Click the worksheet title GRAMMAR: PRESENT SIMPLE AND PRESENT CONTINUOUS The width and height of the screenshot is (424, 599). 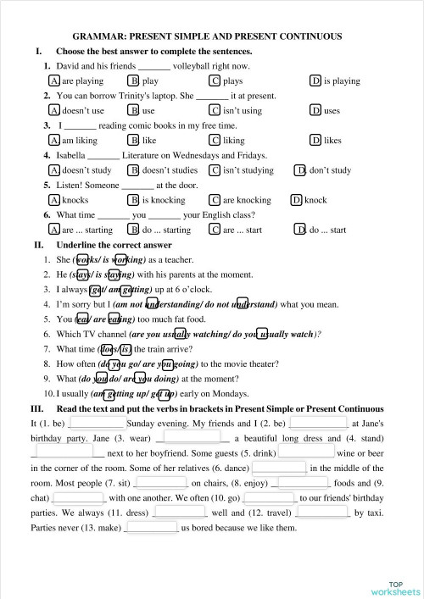click(x=208, y=36)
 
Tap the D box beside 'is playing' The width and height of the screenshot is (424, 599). click(x=315, y=81)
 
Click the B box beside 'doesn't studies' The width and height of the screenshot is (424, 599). click(x=133, y=170)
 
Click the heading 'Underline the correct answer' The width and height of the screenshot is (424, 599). click(x=114, y=245)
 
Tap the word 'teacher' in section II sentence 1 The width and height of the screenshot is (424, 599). click(x=181, y=260)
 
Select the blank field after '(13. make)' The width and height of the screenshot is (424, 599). click(x=152, y=529)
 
